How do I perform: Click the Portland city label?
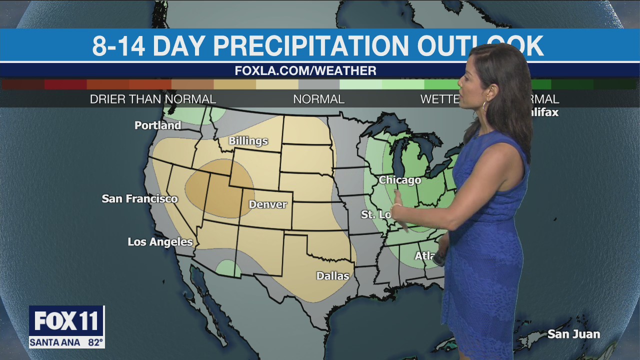[157, 125]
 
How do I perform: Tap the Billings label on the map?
[248, 141]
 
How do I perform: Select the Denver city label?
[267, 204]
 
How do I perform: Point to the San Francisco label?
[139, 198]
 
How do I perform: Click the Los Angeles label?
[160, 242]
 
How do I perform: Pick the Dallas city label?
[332, 275]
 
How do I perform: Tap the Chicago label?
[399, 180]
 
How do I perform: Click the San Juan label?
[573, 334]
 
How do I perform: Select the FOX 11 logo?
[66, 321]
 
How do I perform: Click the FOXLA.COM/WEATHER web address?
[305, 71]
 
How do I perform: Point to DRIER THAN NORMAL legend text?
[152, 99]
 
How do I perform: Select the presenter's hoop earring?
[484, 106]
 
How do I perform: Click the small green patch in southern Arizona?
[228, 268]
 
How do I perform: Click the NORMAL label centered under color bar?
[318, 99]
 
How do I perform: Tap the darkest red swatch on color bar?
[22, 84]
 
